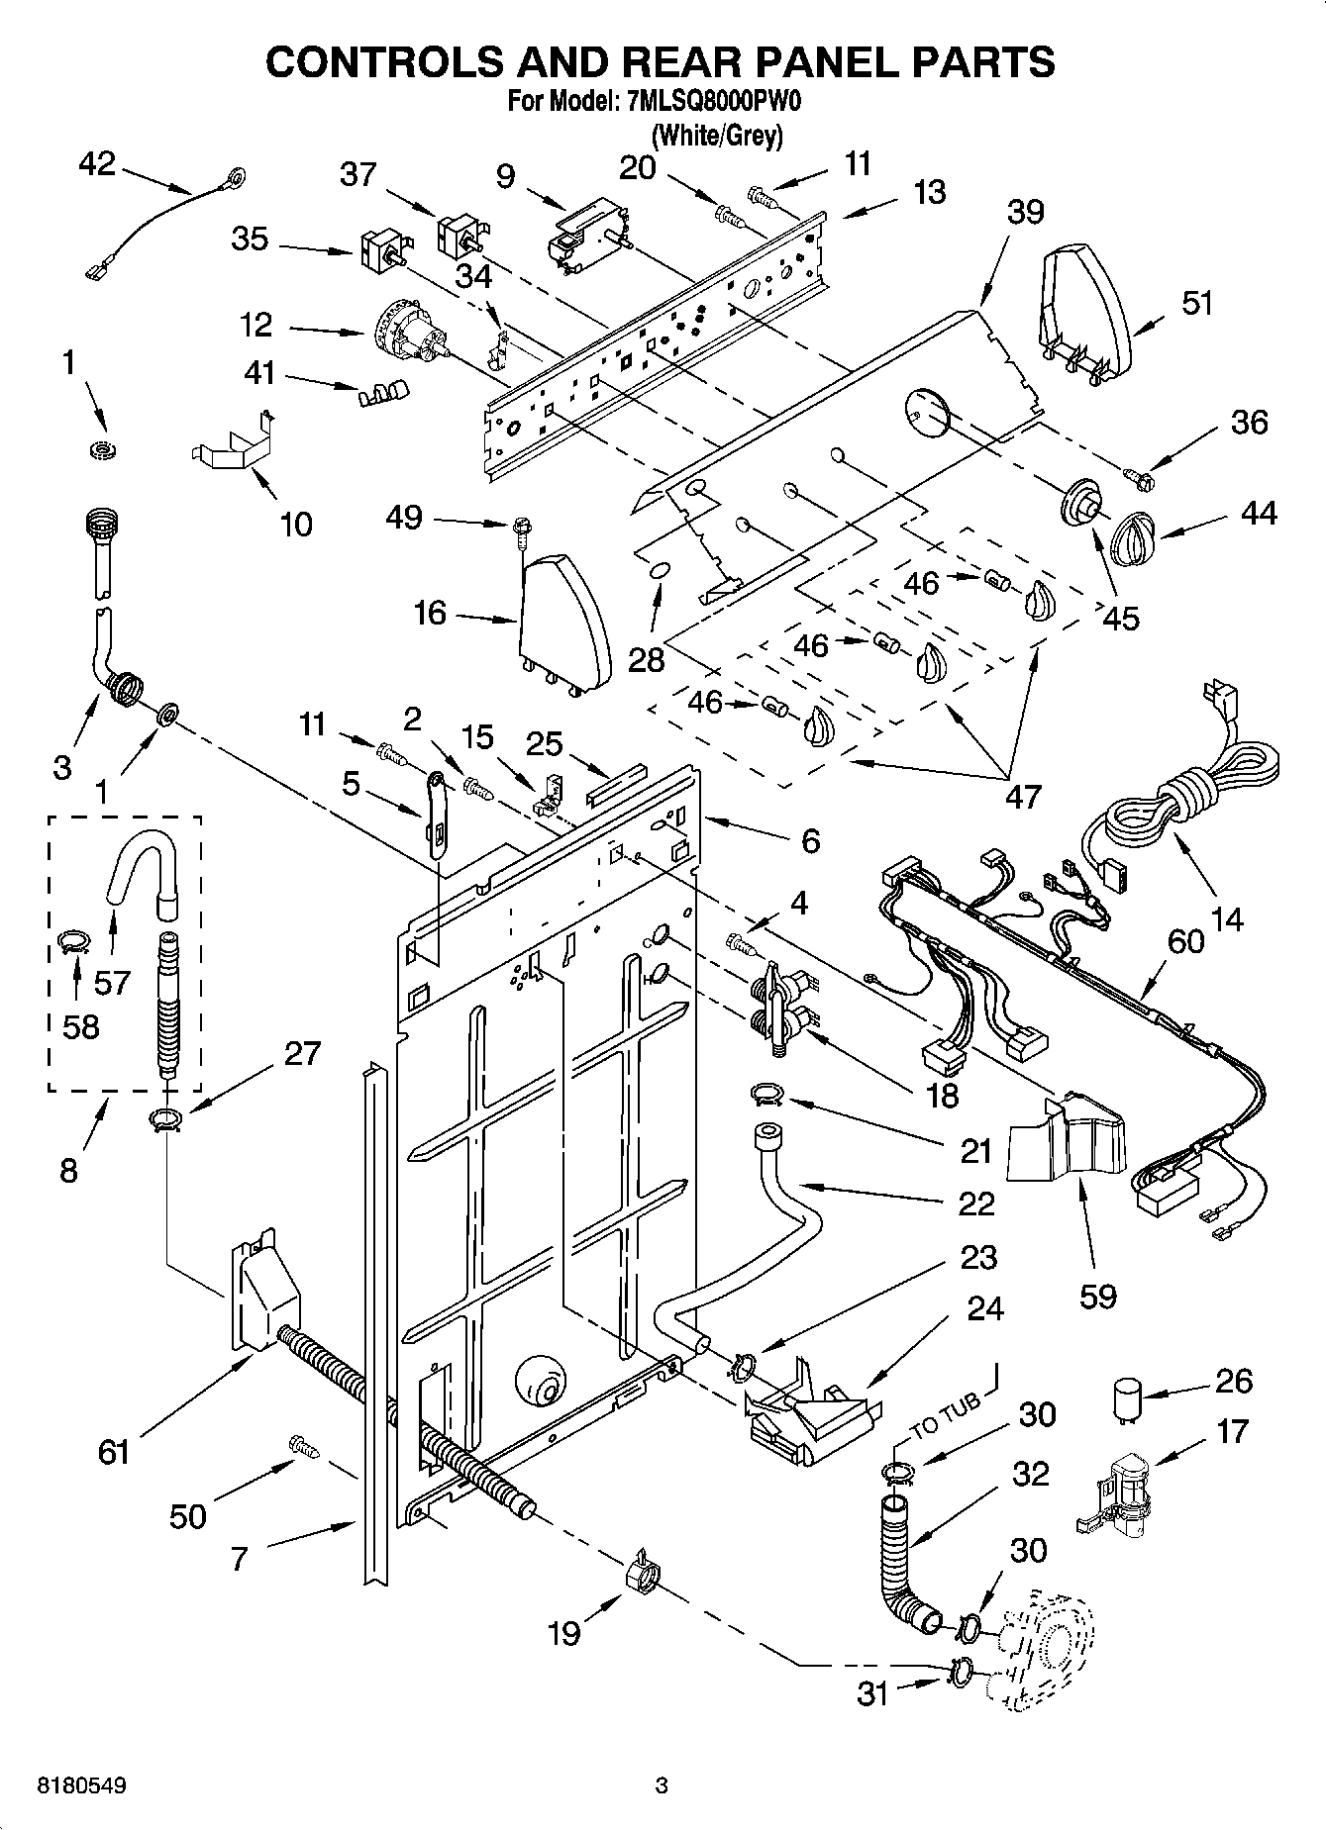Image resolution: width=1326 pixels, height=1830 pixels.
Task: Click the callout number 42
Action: click(x=97, y=164)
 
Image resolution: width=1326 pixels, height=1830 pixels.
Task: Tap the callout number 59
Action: click(x=1097, y=1296)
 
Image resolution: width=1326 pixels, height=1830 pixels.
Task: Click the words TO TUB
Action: click(x=947, y=1412)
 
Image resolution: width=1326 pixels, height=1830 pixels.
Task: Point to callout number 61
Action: click(x=114, y=1453)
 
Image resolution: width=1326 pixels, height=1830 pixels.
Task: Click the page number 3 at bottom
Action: click(x=662, y=1787)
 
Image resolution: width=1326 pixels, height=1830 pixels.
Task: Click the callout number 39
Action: click(x=1026, y=212)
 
